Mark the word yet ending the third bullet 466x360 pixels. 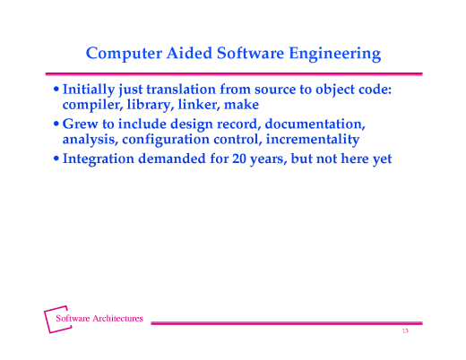(382, 159)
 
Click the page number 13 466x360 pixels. (405, 331)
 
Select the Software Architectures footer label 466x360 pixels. (99, 318)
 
